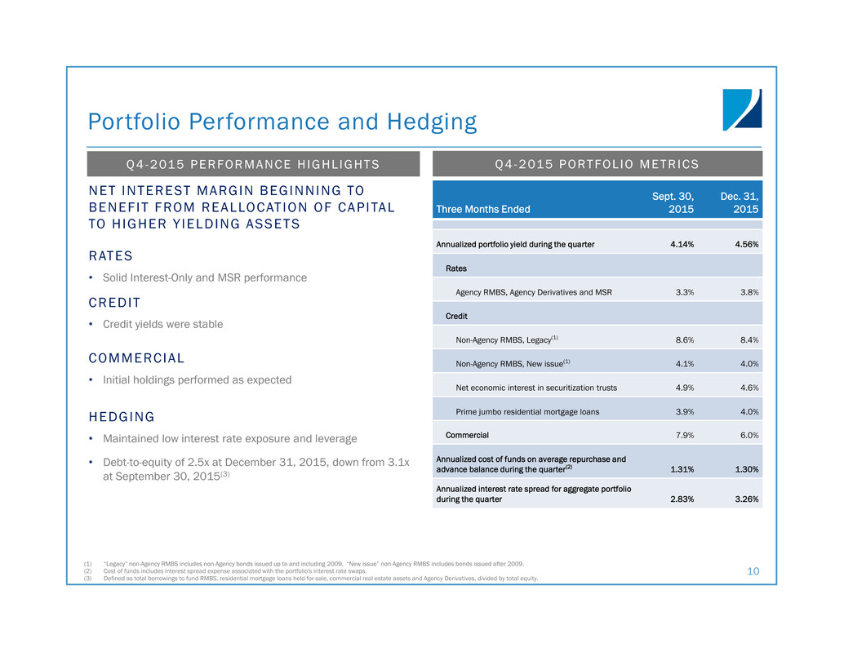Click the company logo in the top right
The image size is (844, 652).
coord(741,109)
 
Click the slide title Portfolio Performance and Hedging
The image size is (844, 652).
coord(282,122)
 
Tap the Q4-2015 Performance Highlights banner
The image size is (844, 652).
coord(253,164)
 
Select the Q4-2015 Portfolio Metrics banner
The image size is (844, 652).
coord(597,164)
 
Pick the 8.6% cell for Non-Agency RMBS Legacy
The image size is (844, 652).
coord(683,339)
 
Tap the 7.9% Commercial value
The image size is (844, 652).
coord(683,435)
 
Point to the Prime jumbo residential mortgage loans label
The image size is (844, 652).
coord(527,412)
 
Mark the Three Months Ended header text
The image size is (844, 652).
coord(483,209)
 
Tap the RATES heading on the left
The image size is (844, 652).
coord(110,256)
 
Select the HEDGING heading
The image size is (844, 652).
coord(122,417)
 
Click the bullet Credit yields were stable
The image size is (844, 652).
coord(162,324)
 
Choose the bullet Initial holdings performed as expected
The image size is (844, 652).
coord(197,379)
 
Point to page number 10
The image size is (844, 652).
coord(752,572)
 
